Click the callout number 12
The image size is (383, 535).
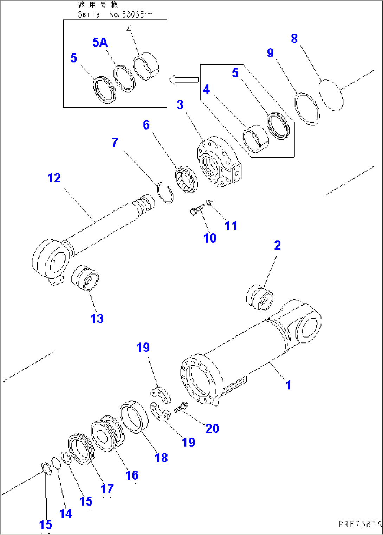[54, 178]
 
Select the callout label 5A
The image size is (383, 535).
[100, 43]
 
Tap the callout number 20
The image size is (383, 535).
[212, 428]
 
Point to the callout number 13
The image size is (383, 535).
[97, 319]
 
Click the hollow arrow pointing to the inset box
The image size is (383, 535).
[183, 80]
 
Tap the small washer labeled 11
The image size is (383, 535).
[209, 202]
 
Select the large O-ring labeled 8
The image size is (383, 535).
[331, 95]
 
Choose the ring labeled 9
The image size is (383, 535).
[307, 109]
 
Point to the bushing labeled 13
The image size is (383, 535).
[85, 278]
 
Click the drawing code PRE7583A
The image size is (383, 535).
[359, 524]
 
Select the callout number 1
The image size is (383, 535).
[288, 385]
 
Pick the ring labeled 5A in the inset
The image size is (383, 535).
[124, 78]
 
